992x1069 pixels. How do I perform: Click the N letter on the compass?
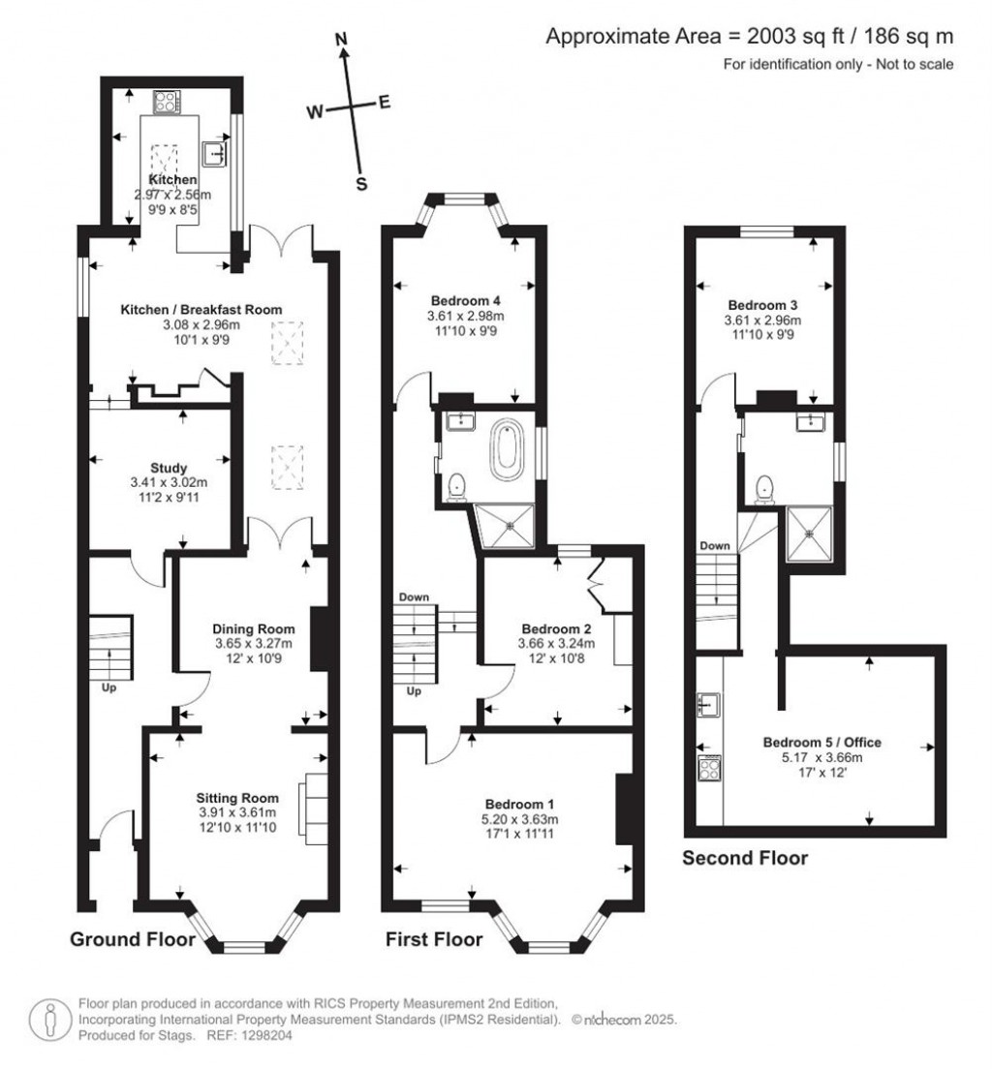[341, 40]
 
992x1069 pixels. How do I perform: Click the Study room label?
[169, 468]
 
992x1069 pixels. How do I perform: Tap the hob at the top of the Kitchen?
[164, 101]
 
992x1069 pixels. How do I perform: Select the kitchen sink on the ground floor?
[215, 152]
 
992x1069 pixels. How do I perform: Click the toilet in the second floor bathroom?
[765, 486]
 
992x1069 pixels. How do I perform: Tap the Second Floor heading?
[745, 858]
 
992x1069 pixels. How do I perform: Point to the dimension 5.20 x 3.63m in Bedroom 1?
[520, 819]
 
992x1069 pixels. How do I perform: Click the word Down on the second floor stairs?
[715, 546]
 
